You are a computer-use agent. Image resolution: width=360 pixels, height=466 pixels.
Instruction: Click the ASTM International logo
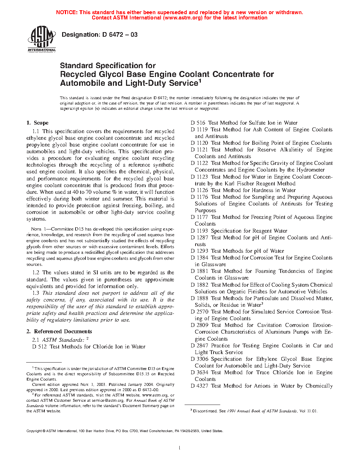pos(42,40)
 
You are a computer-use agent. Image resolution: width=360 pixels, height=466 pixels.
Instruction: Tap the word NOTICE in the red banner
pos(66,12)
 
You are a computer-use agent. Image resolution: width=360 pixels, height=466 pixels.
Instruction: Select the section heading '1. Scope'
pos(37,123)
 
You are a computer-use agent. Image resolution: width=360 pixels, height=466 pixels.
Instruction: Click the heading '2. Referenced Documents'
pos(59,331)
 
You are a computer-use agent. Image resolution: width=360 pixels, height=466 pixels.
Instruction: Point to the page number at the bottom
pos(180,448)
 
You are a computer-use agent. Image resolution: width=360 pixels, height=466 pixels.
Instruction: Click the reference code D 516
pos(198,123)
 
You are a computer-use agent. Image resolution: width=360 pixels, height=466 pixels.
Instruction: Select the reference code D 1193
pos(199,231)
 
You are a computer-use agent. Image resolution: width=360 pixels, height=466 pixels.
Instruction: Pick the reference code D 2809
pos(199,325)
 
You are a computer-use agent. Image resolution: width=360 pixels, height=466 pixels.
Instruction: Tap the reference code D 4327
pos(199,386)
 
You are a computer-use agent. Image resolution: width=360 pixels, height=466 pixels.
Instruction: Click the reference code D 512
pos(39,347)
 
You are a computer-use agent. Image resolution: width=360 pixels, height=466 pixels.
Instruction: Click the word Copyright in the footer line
pos(34,431)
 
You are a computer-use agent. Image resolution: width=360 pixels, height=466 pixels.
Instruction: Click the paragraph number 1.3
pos(36,293)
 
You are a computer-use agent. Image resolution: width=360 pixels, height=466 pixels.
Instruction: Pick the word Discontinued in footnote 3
pos(205,411)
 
